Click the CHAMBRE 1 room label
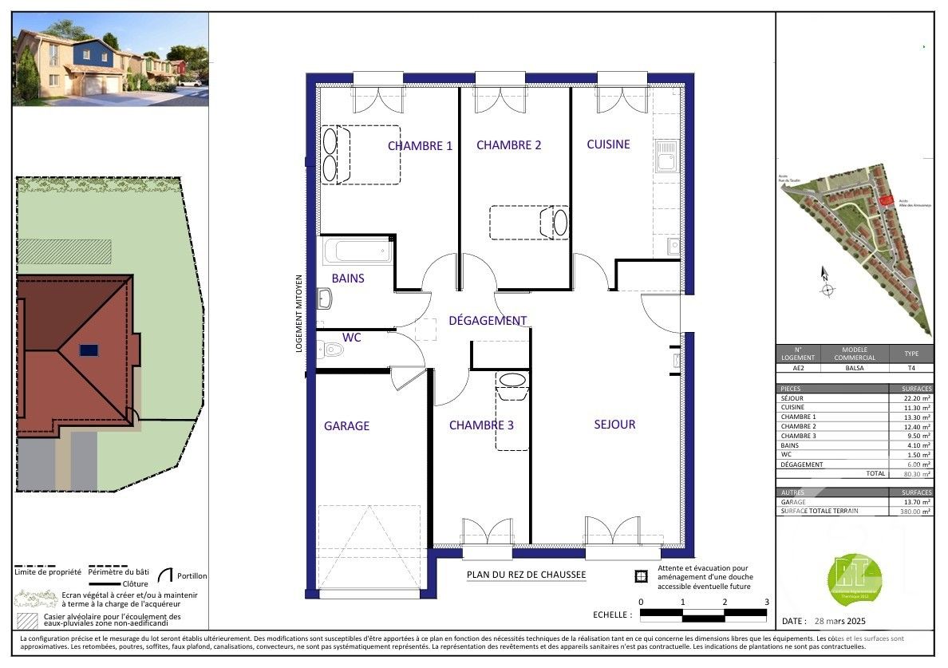[x=420, y=146]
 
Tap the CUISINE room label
[x=608, y=144]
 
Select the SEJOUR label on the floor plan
[x=614, y=425]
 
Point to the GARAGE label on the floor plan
[x=346, y=426]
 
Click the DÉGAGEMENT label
[x=488, y=321]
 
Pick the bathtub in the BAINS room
[x=357, y=251]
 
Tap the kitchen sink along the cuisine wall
[x=665, y=156]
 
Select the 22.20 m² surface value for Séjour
[x=910, y=398]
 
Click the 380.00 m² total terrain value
[x=908, y=512]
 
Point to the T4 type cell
[x=910, y=369]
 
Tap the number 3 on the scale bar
[x=766, y=602]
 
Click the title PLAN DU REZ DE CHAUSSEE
[x=526, y=575]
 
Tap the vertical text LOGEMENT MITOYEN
[x=299, y=314]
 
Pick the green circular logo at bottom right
[x=855, y=580]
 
